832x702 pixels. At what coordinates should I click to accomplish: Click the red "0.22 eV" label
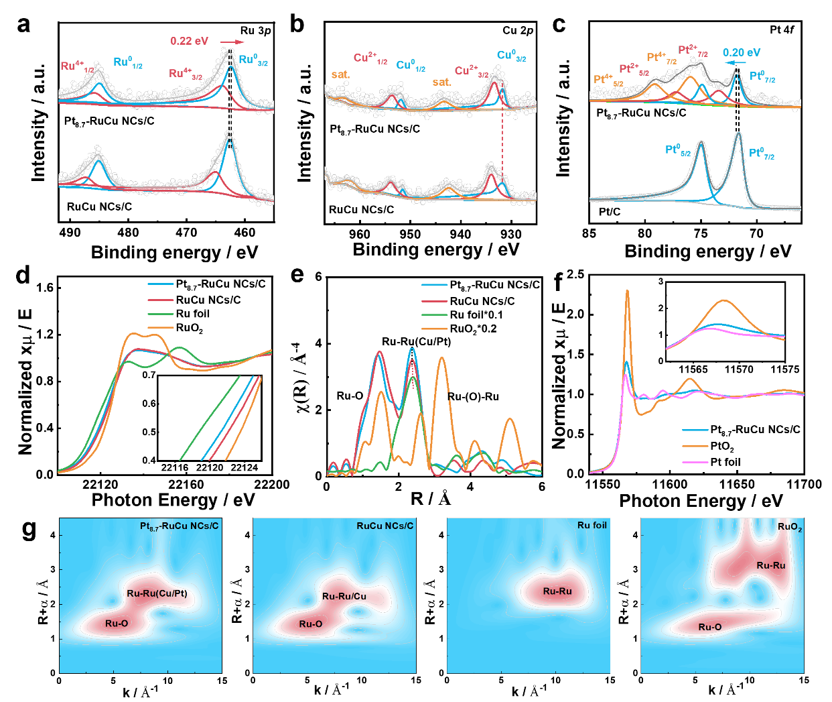[x=190, y=41]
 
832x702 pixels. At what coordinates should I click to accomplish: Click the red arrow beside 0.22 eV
[x=232, y=42]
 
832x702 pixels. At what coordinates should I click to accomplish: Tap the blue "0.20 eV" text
[x=742, y=53]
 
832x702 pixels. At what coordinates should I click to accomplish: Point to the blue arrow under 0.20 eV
[x=736, y=63]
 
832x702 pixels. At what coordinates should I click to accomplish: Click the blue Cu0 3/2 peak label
[x=511, y=56]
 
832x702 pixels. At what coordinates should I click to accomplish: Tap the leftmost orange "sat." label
[x=340, y=74]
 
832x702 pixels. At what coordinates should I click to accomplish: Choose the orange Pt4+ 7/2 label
[x=661, y=59]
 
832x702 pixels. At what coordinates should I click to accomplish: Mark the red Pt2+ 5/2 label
[x=634, y=70]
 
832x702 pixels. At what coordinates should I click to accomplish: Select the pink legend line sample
[x=695, y=462]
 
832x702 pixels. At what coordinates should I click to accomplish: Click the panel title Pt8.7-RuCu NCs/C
[x=179, y=526]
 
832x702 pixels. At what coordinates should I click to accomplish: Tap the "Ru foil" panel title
[x=592, y=525]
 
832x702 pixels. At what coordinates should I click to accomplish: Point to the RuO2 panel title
[x=790, y=527]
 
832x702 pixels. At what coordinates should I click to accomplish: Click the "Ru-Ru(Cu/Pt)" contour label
[x=157, y=593]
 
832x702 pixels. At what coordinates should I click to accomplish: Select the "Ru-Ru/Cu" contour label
[x=344, y=596]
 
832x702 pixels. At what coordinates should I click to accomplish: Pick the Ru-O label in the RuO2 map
[x=710, y=627]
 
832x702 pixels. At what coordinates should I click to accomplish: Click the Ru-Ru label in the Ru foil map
[x=557, y=591]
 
